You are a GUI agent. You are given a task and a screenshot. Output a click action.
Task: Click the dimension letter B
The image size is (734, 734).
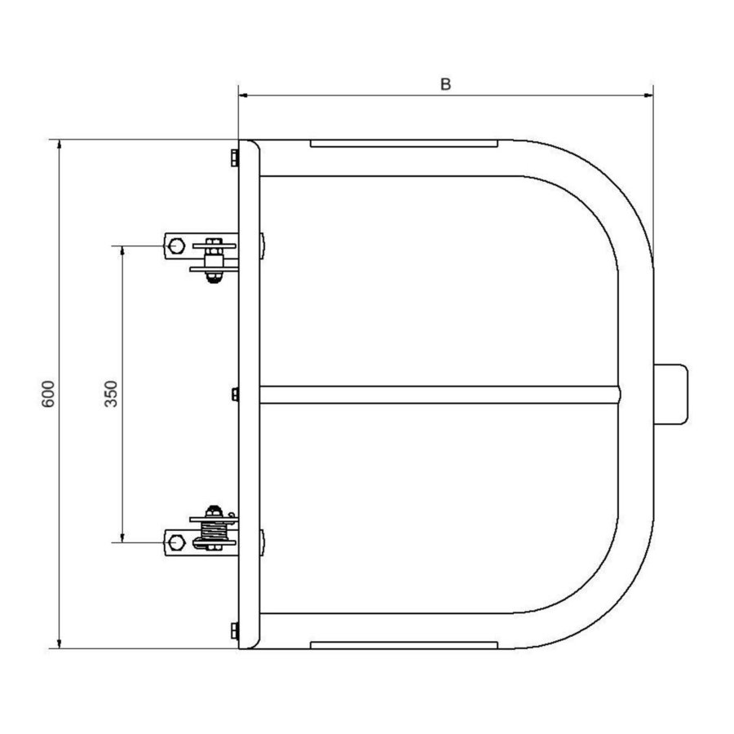pos(445,84)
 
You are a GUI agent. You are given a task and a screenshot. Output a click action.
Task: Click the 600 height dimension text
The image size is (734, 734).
pos(48,394)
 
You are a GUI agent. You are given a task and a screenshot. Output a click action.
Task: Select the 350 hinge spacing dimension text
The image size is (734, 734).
pos(112,394)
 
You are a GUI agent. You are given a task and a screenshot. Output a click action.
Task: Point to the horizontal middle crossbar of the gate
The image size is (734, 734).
pos(440,395)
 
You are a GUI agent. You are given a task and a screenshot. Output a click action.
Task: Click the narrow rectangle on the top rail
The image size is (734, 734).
pos(403,144)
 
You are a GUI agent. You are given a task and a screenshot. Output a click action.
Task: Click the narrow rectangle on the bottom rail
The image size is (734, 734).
pos(403,644)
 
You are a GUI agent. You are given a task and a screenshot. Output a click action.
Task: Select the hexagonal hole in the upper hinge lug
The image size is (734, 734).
pos(175,245)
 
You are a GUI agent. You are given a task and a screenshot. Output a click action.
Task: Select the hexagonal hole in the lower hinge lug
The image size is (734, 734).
pos(175,541)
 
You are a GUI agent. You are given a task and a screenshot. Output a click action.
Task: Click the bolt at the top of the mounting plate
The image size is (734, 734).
pos(235,157)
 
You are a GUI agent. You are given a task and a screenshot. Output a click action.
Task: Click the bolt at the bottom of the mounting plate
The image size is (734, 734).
pos(235,630)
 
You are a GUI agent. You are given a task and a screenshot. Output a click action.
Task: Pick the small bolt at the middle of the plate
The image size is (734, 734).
pos(235,395)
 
